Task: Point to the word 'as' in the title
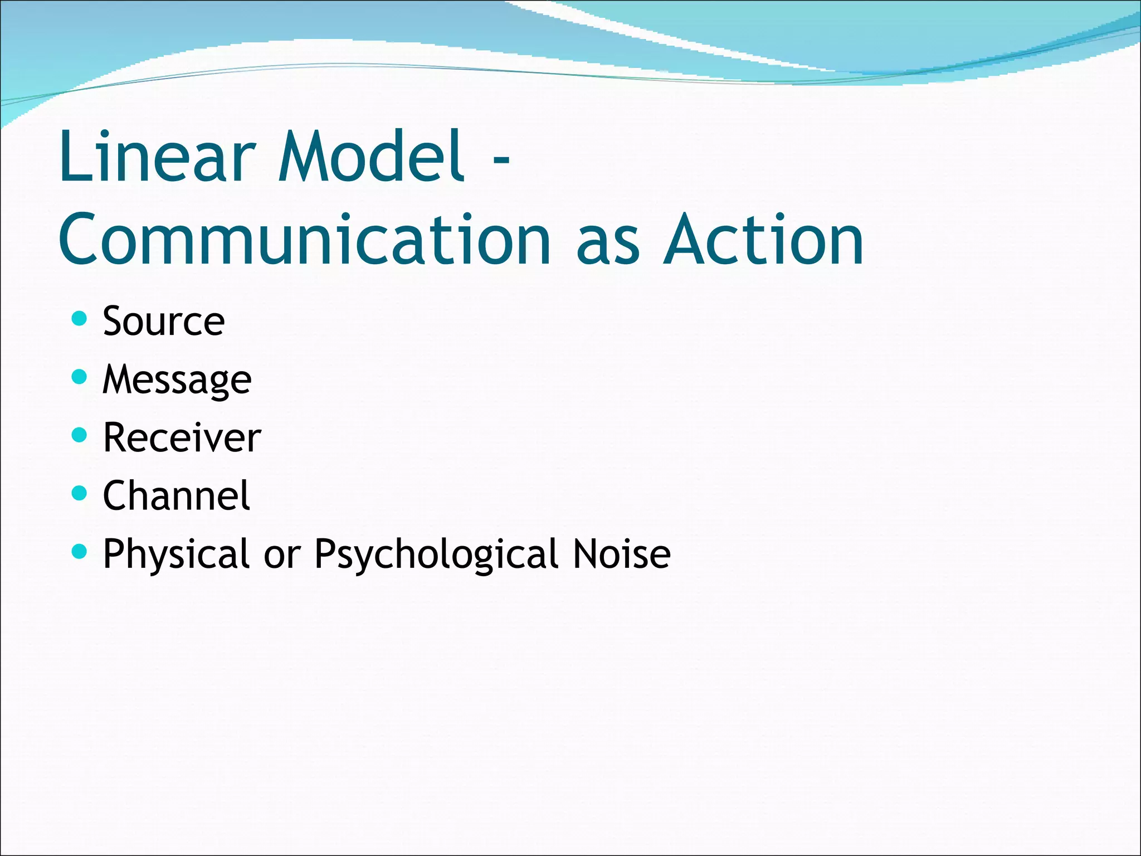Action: pyautogui.click(x=608, y=245)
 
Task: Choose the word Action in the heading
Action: pyautogui.click(x=764, y=240)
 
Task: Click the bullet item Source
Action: pyautogui.click(x=164, y=322)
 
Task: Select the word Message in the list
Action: pyautogui.click(x=177, y=380)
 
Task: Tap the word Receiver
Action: pyautogui.click(x=182, y=438)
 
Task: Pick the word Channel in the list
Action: pyautogui.click(x=177, y=495)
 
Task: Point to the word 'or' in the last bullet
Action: pyautogui.click(x=282, y=556)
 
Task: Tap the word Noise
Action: pyautogui.click(x=622, y=555)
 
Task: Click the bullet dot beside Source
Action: pyautogui.click(x=80, y=318)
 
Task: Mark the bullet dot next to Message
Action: pyautogui.click(x=80, y=377)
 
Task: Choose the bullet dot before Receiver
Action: pyautogui.click(x=80, y=435)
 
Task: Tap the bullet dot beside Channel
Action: pyautogui.click(x=80, y=493)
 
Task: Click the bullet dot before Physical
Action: pyautogui.click(x=80, y=551)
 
